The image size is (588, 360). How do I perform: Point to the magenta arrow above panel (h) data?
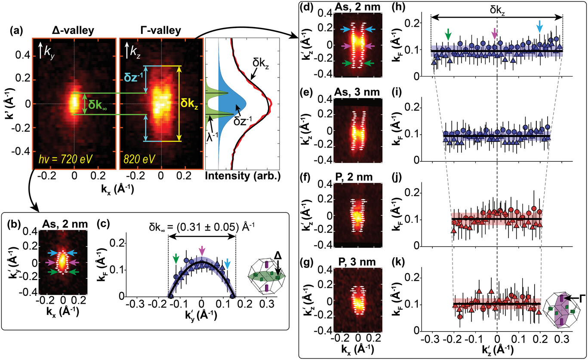pos(495,32)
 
